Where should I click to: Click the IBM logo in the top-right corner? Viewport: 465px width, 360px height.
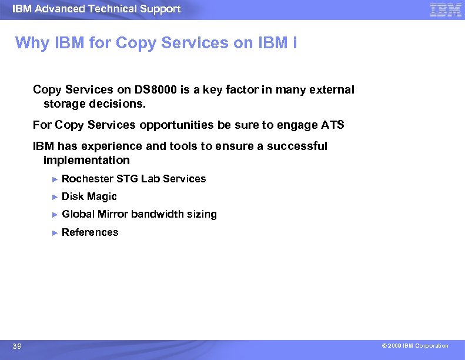[x=446, y=10]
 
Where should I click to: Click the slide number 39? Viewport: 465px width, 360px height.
[x=17, y=346]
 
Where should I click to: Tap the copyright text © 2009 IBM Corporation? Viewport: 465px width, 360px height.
[x=414, y=346]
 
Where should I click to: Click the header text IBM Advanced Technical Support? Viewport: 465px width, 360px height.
[x=96, y=9]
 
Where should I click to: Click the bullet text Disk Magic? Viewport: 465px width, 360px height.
[x=89, y=196]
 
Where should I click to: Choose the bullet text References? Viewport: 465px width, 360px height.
[x=90, y=232]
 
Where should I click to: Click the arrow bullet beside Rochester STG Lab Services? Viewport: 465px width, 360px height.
[x=55, y=179]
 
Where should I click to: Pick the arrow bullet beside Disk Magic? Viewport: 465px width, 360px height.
[x=55, y=196]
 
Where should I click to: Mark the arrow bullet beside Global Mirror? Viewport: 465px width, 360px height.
[x=55, y=215]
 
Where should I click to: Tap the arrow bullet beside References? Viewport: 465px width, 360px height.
[x=55, y=232]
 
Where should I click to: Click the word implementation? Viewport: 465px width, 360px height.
[x=86, y=161]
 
